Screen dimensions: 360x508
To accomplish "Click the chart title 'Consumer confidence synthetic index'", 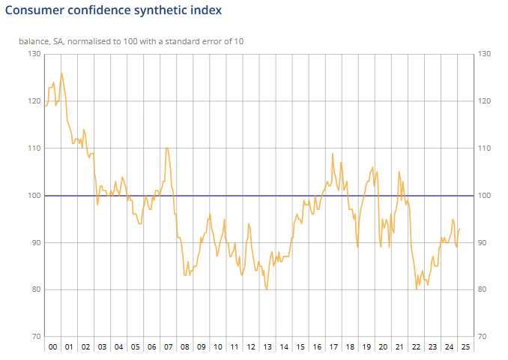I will tap(113, 11).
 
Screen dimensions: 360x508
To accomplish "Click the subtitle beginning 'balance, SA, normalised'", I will tap(131, 40).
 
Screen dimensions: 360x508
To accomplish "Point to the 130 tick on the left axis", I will tap(35, 54).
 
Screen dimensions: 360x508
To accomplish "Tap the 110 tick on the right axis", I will tap(483, 148).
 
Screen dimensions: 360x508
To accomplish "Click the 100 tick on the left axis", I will tap(35, 196).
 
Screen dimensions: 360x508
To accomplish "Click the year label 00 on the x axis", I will tap(52, 347).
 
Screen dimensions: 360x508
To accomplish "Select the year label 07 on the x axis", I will tap(168, 347).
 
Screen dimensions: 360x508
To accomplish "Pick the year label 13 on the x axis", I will tap(267, 347).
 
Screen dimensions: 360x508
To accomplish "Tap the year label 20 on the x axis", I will tap(382, 347).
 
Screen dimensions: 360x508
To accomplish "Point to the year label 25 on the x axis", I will tap(465, 347).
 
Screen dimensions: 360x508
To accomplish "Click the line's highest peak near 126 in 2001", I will tap(61, 73).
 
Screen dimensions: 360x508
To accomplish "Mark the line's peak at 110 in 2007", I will tap(166, 148).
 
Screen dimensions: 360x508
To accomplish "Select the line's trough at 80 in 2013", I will tap(267, 289).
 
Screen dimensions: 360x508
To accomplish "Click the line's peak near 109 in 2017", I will tap(333, 154).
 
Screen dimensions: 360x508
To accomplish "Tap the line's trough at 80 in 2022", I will tap(417, 289).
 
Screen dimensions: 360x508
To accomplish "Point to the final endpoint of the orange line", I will tap(459, 229).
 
